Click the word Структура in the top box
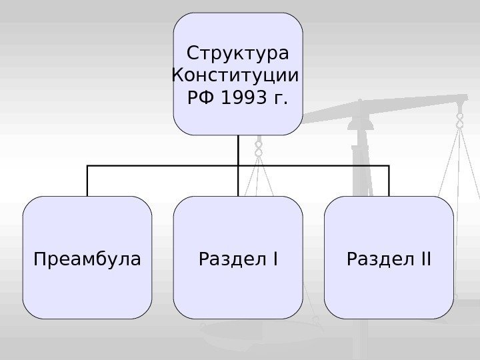click(238, 52)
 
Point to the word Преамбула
click(87, 258)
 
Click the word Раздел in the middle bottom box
click(226, 258)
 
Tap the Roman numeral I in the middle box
click(274, 258)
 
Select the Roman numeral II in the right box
click(422, 258)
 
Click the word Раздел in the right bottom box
click(376, 258)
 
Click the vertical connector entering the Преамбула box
click(87, 181)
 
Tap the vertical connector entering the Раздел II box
click(389, 181)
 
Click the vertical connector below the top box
click(238, 149)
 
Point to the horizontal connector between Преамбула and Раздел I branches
click(163, 165)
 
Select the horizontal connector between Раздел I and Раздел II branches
click(313, 165)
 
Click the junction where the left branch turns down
click(87, 165)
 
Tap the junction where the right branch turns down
click(389, 165)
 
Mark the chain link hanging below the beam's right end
click(459, 120)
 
